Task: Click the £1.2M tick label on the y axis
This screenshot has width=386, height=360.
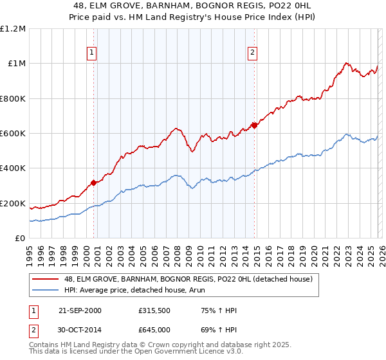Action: click(14, 29)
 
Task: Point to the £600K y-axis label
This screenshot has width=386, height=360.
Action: click(13, 134)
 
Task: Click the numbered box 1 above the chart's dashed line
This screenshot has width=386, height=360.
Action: click(93, 53)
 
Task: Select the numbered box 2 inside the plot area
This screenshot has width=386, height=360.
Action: click(253, 53)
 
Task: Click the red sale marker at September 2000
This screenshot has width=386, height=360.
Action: click(94, 183)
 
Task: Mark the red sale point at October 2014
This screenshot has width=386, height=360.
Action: click(255, 125)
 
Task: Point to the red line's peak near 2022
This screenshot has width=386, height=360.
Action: click(346, 63)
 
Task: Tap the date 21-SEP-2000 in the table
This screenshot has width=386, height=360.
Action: click(80, 310)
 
